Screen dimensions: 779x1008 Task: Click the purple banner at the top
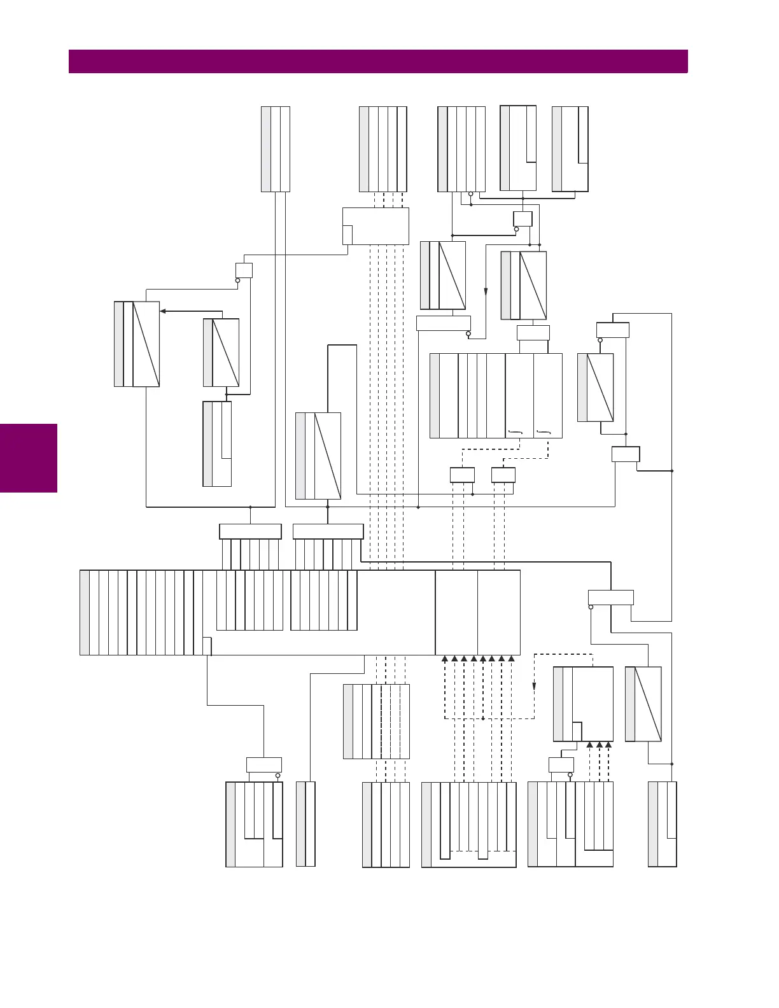point(378,62)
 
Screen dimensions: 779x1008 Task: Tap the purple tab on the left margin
point(29,458)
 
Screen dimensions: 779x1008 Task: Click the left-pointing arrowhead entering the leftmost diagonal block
point(163,311)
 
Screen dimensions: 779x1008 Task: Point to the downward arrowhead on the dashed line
point(534,686)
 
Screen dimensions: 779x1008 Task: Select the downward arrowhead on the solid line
point(486,292)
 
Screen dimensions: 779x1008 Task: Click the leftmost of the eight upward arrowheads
point(445,659)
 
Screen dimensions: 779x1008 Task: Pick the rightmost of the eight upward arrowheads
point(511,659)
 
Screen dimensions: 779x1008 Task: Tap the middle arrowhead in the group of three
point(599,745)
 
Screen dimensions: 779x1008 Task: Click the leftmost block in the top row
point(276,149)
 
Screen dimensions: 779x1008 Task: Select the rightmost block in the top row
point(570,149)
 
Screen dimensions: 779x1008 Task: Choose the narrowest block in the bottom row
point(305,824)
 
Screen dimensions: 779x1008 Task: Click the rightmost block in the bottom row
point(662,824)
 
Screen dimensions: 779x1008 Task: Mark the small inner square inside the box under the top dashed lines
point(347,235)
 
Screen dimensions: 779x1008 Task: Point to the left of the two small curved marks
point(515,433)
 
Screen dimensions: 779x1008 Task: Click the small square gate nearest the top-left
point(244,270)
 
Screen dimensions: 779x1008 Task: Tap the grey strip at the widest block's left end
point(85,612)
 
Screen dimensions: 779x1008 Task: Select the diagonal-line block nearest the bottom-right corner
point(643,704)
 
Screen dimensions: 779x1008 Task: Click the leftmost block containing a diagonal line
point(137,344)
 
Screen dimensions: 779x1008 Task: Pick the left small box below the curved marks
point(462,475)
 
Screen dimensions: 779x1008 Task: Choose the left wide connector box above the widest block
point(250,531)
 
